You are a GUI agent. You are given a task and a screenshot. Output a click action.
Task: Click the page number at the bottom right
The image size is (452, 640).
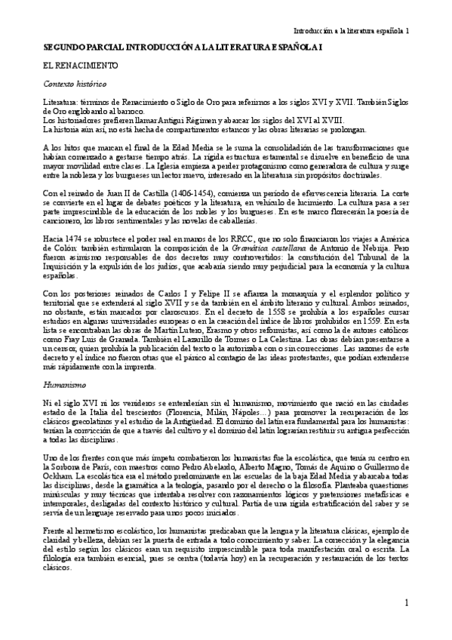coord(406,603)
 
